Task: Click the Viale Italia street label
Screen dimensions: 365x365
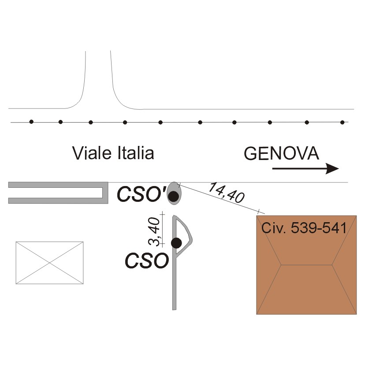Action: [x=113, y=153]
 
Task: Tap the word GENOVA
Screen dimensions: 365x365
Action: [x=281, y=154]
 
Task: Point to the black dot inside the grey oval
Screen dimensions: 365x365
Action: [x=174, y=196]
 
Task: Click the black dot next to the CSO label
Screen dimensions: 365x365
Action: [x=176, y=242]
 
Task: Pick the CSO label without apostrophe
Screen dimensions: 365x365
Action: [x=146, y=261]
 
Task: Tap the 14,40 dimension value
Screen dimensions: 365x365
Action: [x=227, y=193]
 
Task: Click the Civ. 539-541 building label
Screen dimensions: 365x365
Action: [x=304, y=228]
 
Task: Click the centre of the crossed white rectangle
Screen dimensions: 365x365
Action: [x=49, y=263]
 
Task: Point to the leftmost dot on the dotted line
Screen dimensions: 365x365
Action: [x=31, y=122]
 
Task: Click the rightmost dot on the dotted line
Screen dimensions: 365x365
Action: [x=343, y=122]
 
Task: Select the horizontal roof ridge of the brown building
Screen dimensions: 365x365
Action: [x=306, y=265]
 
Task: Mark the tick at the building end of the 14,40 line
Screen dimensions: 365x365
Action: [x=260, y=212]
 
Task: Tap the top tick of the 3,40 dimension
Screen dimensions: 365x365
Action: [x=163, y=214]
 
